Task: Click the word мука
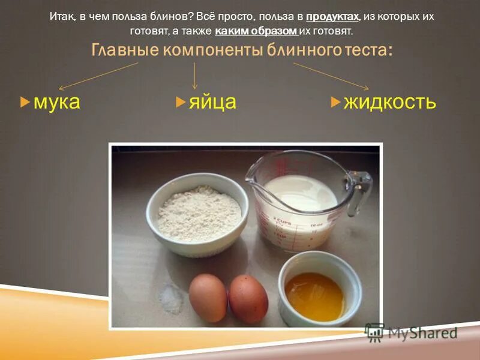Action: tap(56, 102)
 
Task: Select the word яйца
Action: tap(212, 102)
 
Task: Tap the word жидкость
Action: tap(389, 102)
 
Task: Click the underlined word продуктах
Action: tap(332, 17)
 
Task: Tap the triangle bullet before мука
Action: tap(25, 103)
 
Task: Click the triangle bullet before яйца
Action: tap(180, 103)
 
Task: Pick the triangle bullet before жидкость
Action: tap(335, 103)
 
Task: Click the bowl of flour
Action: tap(198, 214)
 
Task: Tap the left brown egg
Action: tap(208, 297)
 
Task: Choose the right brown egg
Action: tap(248, 299)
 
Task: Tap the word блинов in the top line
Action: tap(173, 17)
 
